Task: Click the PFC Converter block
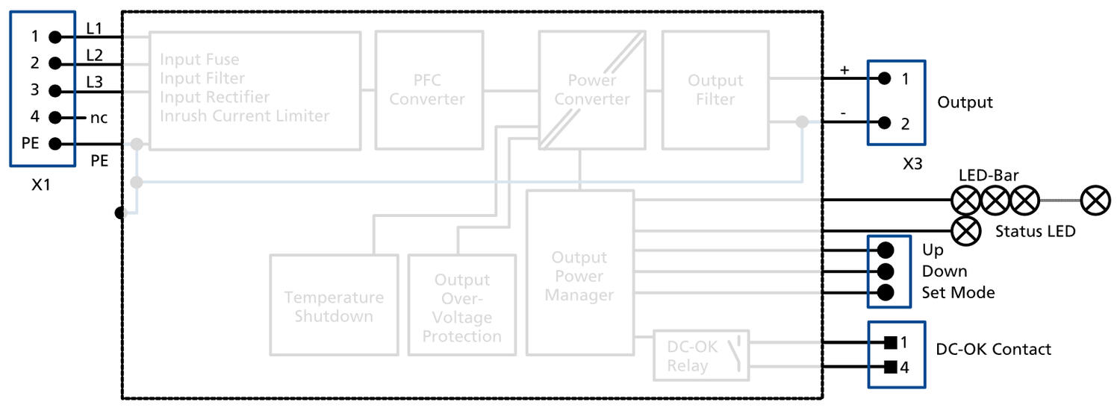click(x=426, y=90)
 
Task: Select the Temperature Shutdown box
click(x=334, y=305)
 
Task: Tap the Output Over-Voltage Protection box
click(x=461, y=305)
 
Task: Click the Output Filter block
click(x=715, y=90)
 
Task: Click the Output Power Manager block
click(x=579, y=273)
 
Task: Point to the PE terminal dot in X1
click(x=55, y=143)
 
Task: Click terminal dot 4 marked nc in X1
click(x=55, y=117)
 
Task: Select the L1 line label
click(x=95, y=28)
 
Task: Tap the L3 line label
click(x=95, y=81)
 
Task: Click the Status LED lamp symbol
click(x=968, y=230)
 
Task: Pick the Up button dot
click(x=886, y=250)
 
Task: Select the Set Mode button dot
click(x=886, y=292)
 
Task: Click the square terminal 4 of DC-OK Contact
click(x=889, y=367)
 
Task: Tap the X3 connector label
click(x=912, y=164)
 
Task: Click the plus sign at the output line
click(x=844, y=70)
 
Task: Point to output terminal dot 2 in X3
click(x=884, y=123)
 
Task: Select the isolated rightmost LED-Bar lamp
click(x=1095, y=201)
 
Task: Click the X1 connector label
click(x=41, y=185)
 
